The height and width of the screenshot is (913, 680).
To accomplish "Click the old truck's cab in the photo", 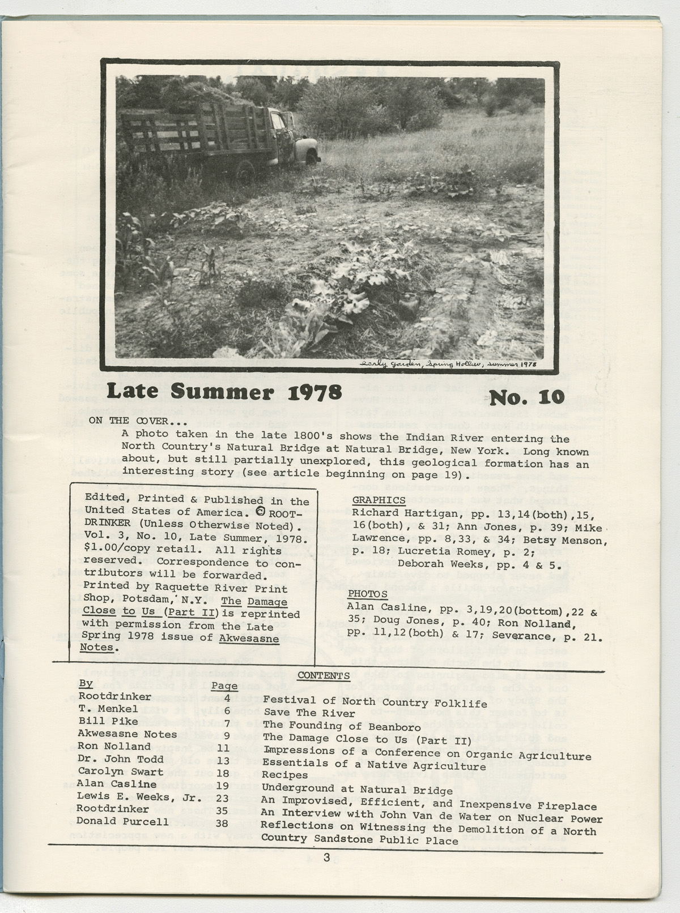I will click(283, 133).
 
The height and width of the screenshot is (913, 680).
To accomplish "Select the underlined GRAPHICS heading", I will click(379, 500).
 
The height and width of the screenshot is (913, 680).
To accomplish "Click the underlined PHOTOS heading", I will click(367, 594).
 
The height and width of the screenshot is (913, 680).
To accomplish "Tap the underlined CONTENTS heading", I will click(323, 676).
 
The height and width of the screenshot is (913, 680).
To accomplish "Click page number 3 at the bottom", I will click(326, 858).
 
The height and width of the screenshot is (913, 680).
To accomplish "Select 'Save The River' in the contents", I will click(301, 713).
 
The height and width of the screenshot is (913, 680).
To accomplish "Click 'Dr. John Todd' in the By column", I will click(120, 759).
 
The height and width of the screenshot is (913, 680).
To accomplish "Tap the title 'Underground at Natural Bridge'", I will click(358, 790).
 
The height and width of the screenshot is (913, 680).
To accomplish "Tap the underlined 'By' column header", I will click(86, 683).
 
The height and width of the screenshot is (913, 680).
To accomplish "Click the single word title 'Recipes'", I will click(285, 775).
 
